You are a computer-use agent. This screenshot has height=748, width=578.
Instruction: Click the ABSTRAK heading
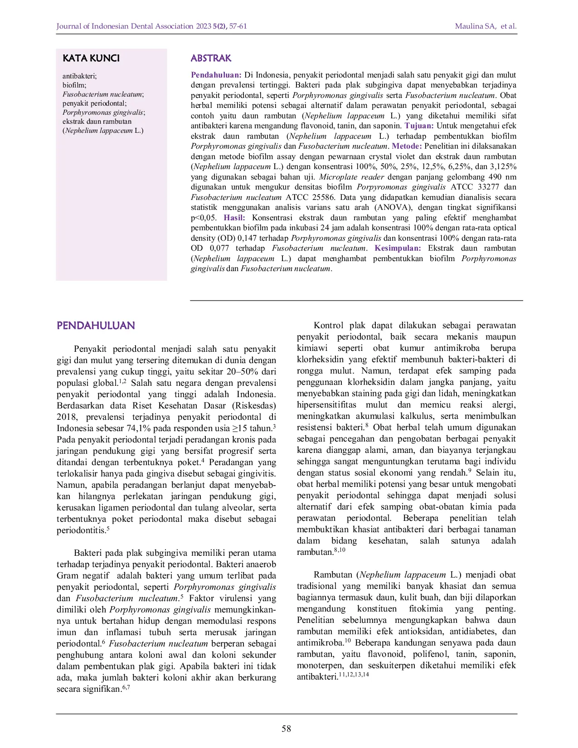211,58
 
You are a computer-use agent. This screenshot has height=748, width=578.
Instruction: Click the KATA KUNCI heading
91,58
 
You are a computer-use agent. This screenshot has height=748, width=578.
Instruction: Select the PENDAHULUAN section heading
96,325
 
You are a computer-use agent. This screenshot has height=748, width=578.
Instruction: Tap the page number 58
287,729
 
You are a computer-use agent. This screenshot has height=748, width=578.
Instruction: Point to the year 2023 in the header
204,26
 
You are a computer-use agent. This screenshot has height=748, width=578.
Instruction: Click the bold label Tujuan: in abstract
419,126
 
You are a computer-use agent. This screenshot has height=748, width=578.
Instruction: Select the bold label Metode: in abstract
407,146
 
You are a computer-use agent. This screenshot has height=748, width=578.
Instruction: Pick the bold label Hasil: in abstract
234,218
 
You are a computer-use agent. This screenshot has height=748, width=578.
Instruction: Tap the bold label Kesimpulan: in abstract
398,248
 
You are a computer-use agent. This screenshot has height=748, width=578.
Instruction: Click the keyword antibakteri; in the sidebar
79,76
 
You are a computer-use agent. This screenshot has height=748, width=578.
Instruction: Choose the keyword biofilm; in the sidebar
74,85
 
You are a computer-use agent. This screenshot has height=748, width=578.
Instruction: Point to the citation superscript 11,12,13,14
354,675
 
